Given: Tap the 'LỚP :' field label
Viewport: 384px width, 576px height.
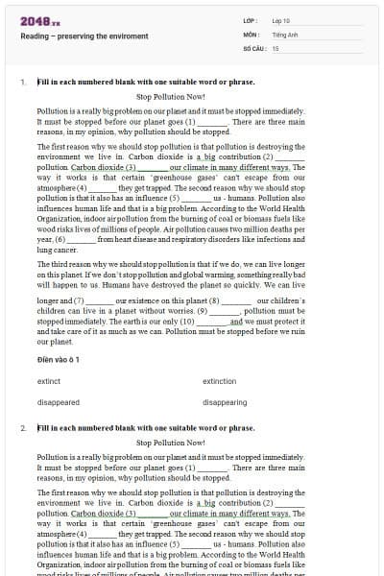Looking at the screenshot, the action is tap(251, 19).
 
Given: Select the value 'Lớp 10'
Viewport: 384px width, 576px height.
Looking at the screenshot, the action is tap(281, 19).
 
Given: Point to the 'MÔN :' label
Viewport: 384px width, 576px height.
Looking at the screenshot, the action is tap(252, 33).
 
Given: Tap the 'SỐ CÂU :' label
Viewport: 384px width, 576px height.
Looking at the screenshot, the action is tap(253, 46).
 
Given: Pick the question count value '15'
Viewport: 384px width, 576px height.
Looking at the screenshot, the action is tap(276, 46).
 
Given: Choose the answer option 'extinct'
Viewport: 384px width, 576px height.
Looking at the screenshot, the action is tap(49, 381).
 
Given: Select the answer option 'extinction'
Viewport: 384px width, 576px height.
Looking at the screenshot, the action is tap(220, 381).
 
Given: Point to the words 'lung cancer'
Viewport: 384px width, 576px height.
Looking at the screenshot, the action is tap(59, 250).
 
